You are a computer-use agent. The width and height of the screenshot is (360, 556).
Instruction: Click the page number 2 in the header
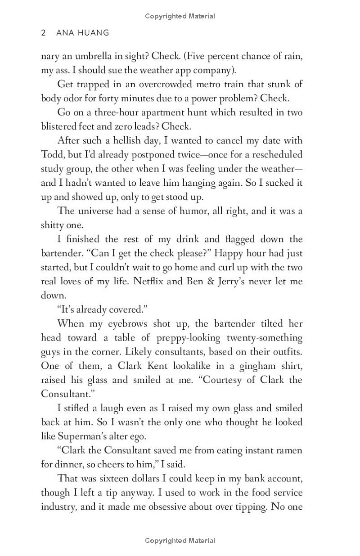click(43, 33)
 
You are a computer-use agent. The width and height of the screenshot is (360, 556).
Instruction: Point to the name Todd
click(53, 154)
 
